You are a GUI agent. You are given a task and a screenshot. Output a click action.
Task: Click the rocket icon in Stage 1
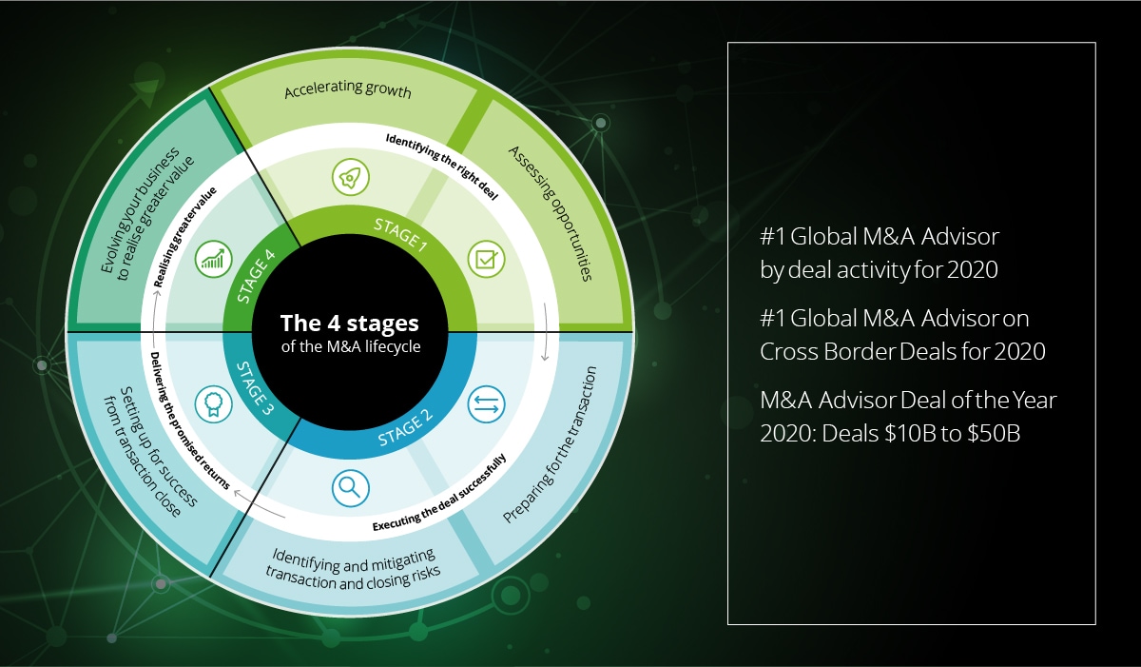(x=349, y=177)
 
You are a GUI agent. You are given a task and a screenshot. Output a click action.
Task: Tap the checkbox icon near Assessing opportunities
(x=484, y=258)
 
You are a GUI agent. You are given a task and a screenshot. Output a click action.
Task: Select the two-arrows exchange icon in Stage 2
(x=486, y=404)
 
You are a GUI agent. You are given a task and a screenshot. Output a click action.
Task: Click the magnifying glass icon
(x=350, y=488)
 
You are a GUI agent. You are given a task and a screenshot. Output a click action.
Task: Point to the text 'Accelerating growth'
(x=347, y=90)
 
